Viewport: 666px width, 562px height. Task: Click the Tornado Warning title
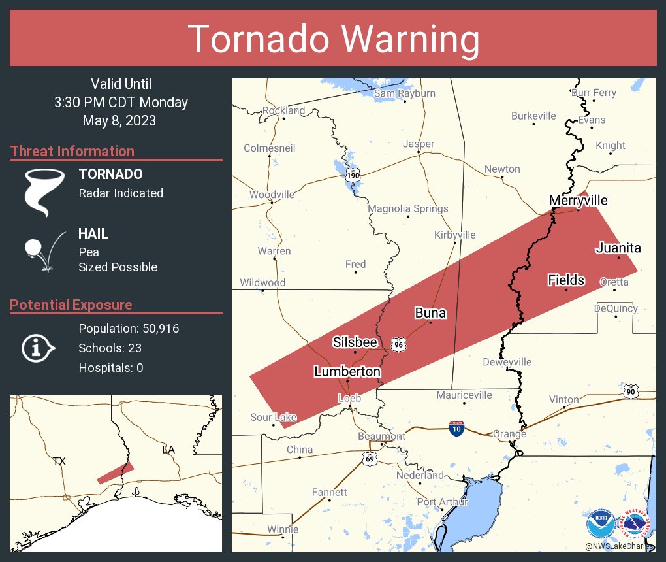coord(333,39)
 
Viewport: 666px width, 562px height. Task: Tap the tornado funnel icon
coord(44,191)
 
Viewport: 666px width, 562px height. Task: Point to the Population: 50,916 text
coord(129,328)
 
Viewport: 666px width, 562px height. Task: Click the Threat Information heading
coord(72,151)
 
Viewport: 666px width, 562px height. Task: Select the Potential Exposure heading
coord(71,305)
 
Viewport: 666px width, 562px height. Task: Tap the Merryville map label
coord(578,200)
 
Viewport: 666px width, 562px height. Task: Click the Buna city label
coord(430,313)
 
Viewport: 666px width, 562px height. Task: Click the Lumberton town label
coord(347,371)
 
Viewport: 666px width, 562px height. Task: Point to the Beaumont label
coord(381,436)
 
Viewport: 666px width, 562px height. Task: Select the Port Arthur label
coord(443,502)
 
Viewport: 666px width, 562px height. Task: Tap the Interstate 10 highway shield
coord(457,429)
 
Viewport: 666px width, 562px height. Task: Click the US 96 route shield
coord(398,344)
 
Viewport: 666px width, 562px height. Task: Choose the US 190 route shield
coord(353,176)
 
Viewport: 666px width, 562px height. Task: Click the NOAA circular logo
coord(600,525)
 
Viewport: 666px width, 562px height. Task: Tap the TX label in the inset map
coord(59,461)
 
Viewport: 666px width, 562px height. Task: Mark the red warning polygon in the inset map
coord(116,472)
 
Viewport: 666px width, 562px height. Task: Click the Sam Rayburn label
coord(404,93)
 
